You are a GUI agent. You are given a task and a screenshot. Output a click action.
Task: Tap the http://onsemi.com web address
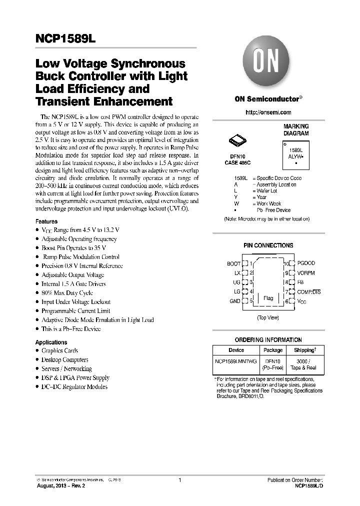(x=268, y=112)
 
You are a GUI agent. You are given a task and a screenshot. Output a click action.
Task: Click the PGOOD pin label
(x=306, y=263)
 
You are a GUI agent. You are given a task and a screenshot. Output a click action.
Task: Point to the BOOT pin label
(x=233, y=263)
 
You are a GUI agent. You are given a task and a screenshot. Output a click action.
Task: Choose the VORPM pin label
(x=306, y=273)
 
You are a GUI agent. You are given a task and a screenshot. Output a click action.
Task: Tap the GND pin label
(x=234, y=301)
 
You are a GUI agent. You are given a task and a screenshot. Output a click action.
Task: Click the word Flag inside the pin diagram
(x=268, y=298)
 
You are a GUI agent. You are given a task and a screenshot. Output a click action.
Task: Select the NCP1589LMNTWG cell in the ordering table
(x=236, y=361)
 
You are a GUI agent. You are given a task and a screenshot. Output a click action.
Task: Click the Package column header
(x=273, y=350)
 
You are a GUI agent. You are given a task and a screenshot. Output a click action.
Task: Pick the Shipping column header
(x=304, y=350)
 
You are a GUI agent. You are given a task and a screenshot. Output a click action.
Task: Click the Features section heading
(x=46, y=221)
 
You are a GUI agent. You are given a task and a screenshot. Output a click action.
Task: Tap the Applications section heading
(x=51, y=342)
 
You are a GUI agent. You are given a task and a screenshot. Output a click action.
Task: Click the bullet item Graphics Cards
(x=59, y=351)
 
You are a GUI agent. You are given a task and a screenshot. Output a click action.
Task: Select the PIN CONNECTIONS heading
(x=268, y=245)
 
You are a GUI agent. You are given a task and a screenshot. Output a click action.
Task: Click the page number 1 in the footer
(x=179, y=480)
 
